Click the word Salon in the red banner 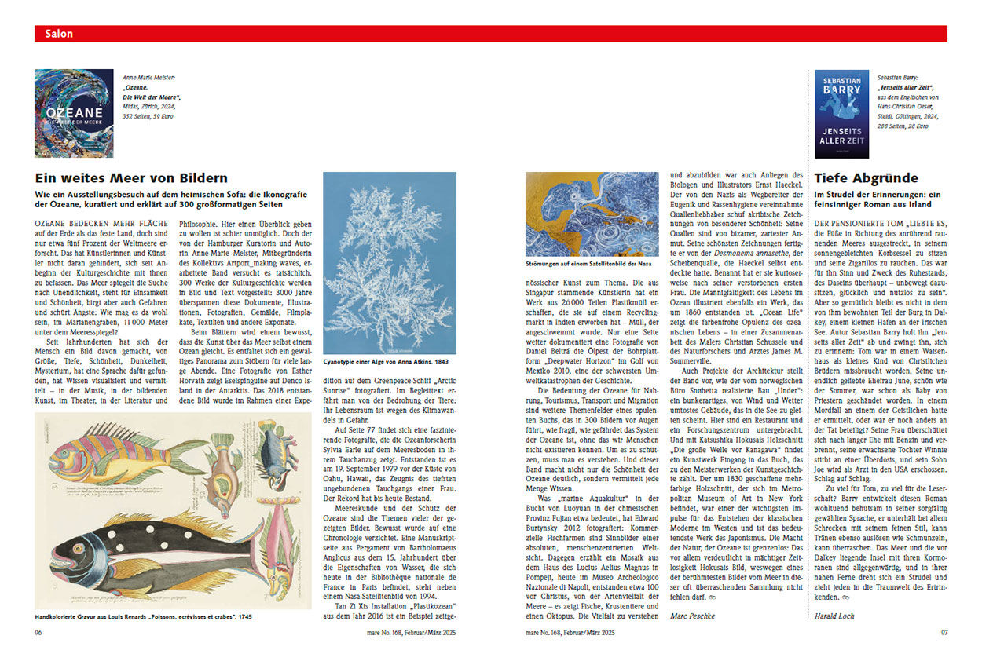tap(59, 34)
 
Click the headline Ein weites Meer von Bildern tap(131, 178)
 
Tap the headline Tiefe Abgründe tap(865, 178)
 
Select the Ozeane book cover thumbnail tap(73, 113)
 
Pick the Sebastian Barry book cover tap(841, 113)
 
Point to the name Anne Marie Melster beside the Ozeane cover tap(148, 78)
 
